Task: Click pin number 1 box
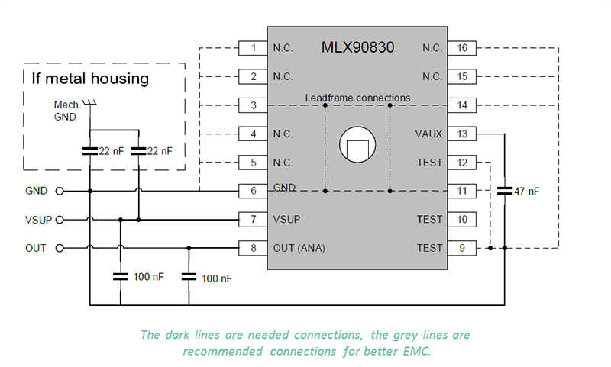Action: pos(253,48)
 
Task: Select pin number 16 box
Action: pos(462,48)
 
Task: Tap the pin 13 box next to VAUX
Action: pos(462,134)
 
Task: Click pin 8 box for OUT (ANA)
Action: pos(253,248)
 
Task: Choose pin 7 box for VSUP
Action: pos(253,220)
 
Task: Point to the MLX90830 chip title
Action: pos(357,47)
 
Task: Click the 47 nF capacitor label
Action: pos(526,191)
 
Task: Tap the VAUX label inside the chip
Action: pos(428,134)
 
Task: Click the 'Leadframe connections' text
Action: pos(357,98)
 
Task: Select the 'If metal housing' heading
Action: pos(90,79)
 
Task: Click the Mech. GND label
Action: pos(66,111)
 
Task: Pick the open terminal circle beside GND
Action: pos(59,191)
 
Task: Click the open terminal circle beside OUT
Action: pos(59,248)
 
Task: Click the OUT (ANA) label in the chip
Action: pos(299,248)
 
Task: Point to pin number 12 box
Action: pos(462,163)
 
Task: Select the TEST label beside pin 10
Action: pos(429,220)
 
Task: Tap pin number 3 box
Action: pos(253,105)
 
